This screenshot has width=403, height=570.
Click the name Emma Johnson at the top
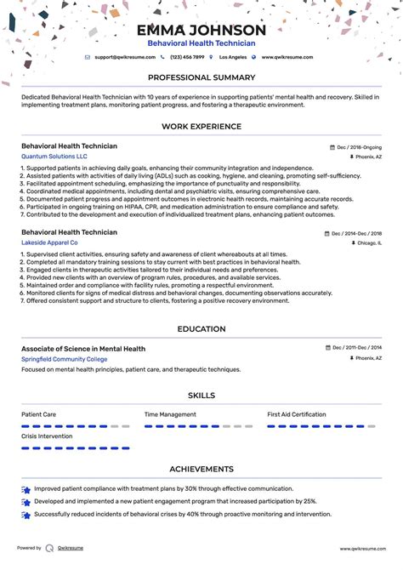click(x=201, y=31)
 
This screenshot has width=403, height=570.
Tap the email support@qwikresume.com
click(x=124, y=57)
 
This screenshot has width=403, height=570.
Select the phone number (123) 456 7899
click(x=187, y=57)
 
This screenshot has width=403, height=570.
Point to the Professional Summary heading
click(x=201, y=78)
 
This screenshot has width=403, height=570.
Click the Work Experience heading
click(x=201, y=127)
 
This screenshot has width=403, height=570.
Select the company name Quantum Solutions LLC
click(x=54, y=157)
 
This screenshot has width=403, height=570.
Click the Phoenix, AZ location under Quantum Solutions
click(x=368, y=157)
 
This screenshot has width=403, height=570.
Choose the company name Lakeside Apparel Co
click(x=52, y=242)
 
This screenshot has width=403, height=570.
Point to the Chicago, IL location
click(x=369, y=242)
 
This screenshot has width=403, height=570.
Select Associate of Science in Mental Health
click(x=83, y=349)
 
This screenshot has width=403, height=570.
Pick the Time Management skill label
click(x=170, y=414)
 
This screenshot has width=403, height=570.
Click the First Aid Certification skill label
click(x=297, y=414)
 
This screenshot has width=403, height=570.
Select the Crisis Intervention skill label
click(x=47, y=436)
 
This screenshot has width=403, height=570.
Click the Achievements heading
click(x=201, y=469)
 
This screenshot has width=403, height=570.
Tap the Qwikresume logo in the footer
click(x=50, y=549)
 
